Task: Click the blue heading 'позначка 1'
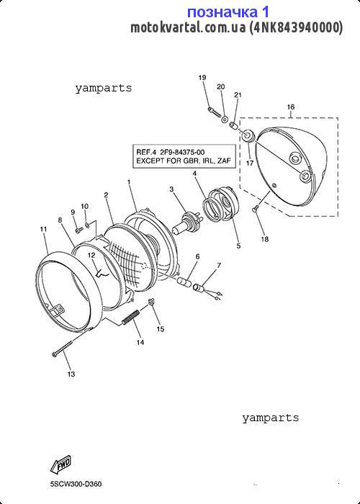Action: tap(228, 12)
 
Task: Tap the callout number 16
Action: tap(291, 107)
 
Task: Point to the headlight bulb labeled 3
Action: tap(187, 222)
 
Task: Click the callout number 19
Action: tap(202, 78)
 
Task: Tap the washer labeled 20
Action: tap(225, 120)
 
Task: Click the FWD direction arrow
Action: tap(60, 464)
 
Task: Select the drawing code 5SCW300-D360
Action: tap(76, 484)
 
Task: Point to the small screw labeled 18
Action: tap(255, 210)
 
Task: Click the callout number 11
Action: tap(43, 230)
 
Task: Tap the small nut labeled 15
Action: tap(152, 301)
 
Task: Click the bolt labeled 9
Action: tap(78, 230)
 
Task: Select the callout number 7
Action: tap(219, 266)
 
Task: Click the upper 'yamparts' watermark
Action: tap(104, 88)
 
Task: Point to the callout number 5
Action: tap(238, 246)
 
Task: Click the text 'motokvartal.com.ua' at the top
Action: tap(188, 27)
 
